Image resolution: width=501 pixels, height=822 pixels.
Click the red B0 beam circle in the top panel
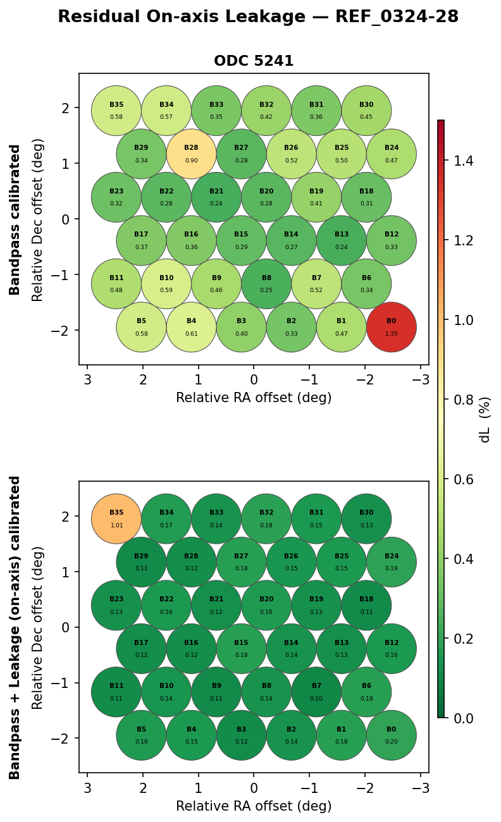pyautogui.click(x=392, y=327)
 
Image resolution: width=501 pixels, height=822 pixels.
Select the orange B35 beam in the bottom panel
pyautogui.click(x=116, y=518)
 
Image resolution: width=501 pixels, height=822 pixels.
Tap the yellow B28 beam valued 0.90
pyautogui.click(x=191, y=154)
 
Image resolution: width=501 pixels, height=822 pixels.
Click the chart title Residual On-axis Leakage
pyautogui.click(x=258, y=17)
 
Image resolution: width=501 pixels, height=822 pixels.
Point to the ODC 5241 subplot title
pyautogui.click(x=254, y=61)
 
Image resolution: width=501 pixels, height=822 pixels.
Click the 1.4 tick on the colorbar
pyautogui.click(x=464, y=161)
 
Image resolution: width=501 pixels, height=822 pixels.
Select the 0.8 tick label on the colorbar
pyautogui.click(x=464, y=400)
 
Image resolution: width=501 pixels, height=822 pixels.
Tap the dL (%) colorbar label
pyautogui.click(x=485, y=419)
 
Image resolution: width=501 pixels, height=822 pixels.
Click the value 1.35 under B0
pyautogui.click(x=392, y=334)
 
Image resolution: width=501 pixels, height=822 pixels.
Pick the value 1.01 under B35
pyautogui.click(x=116, y=525)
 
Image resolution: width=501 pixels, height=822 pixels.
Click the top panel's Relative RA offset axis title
pyautogui.click(x=254, y=398)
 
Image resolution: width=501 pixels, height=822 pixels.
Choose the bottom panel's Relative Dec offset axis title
pyautogui.click(x=38, y=627)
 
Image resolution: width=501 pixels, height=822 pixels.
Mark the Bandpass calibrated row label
pyautogui.click(x=15, y=219)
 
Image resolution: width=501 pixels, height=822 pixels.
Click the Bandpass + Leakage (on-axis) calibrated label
pyautogui.click(x=15, y=627)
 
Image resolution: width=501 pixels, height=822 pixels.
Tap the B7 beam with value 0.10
pyautogui.click(x=316, y=692)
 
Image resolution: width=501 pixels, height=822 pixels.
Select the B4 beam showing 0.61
pyautogui.click(x=191, y=327)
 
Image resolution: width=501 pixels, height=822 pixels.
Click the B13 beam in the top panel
pyautogui.click(x=342, y=240)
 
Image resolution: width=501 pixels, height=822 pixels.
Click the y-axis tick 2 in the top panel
pyautogui.click(x=66, y=108)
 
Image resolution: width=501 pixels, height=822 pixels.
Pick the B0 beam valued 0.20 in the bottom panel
pyautogui.click(x=392, y=735)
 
